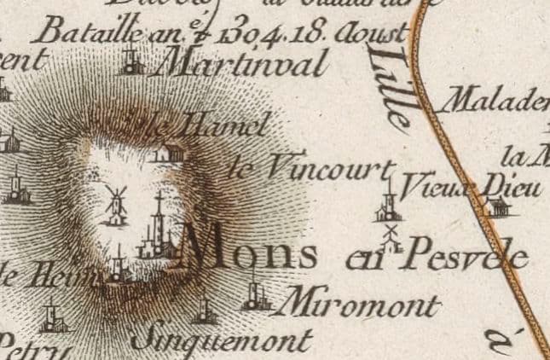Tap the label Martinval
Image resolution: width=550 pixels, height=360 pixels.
[x=244, y=65]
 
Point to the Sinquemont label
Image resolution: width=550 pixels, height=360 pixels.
[x=221, y=340]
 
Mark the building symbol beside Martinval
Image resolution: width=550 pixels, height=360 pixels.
[x=131, y=61]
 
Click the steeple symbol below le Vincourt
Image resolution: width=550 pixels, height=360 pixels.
[x=388, y=204]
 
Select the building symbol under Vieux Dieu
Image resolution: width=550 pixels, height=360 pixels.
[x=495, y=206]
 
